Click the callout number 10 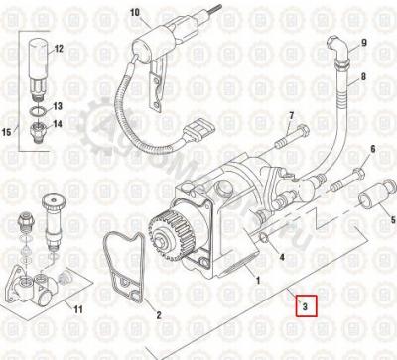135,13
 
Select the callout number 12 58,48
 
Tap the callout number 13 58,105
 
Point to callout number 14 58,124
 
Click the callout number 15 8,132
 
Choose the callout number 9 363,44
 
